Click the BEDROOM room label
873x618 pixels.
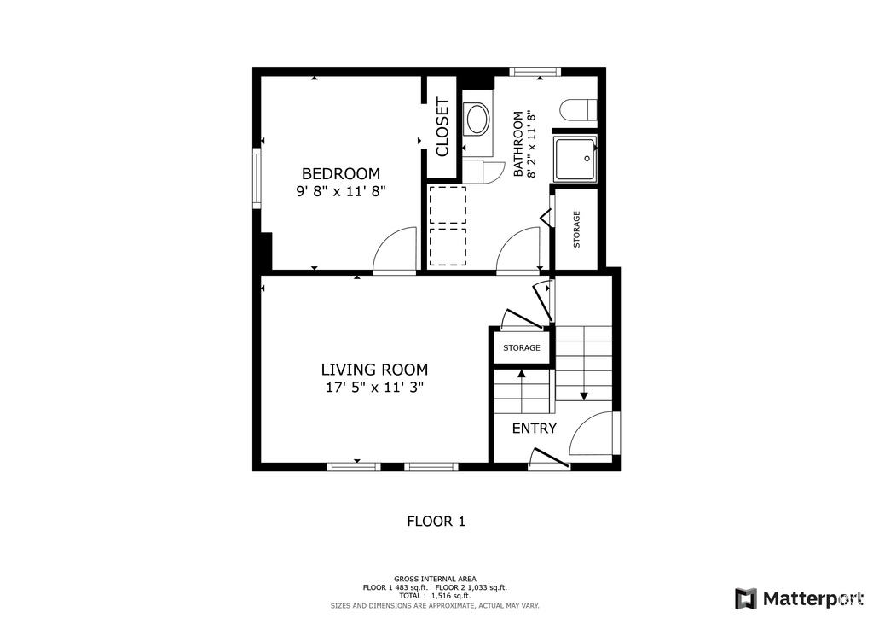(341, 173)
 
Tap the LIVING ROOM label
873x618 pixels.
(375, 370)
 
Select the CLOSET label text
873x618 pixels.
(442, 127)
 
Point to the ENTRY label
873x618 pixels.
(535, 428)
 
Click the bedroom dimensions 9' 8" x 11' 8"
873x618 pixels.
(341, 191)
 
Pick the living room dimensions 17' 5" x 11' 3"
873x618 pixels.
(375, 388)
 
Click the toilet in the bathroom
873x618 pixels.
(579, 110)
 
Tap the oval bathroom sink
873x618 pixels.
(477, 119)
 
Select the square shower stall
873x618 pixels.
(575, 158)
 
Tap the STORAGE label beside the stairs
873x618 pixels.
(522, 347)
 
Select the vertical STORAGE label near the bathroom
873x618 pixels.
(577, 229)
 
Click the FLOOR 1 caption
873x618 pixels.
(436, 521)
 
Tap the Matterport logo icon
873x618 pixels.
(746, 598)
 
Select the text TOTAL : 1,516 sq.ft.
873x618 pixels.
(435, 596)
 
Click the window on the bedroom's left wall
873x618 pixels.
(257, 178)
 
